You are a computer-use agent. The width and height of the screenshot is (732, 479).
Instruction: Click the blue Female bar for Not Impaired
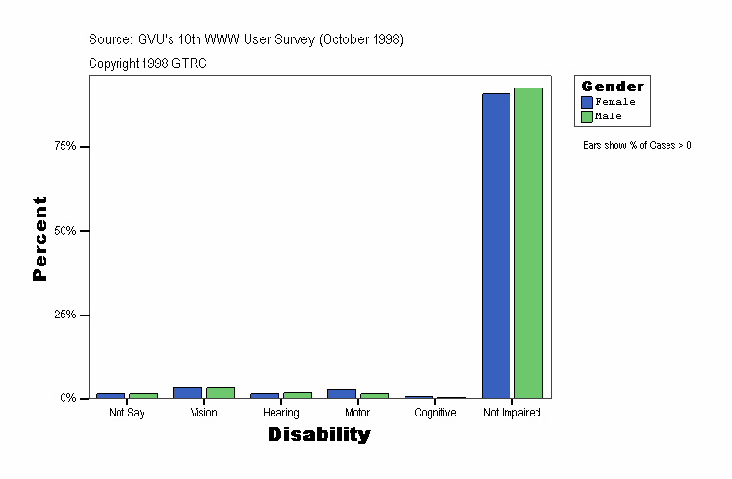pos(496,245)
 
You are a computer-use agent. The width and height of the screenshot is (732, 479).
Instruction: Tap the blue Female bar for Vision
pos(188,392)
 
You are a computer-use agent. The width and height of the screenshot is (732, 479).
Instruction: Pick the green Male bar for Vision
pos(221,392)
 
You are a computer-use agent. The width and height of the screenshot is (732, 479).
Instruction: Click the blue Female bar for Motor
pos(342,393)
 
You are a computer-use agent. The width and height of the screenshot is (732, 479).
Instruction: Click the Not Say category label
pos(126,413)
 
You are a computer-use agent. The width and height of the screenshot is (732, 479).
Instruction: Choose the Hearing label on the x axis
pos(280,413)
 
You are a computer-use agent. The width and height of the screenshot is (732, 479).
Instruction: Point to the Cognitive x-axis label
pos(434,413)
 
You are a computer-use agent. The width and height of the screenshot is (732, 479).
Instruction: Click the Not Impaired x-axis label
pos(511,413)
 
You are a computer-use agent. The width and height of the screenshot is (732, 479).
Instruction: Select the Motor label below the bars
pos(357,413)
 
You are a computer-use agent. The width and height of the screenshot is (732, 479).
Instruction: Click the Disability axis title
pos(319,435)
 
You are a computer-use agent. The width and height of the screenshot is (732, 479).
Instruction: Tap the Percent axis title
pos(39,239)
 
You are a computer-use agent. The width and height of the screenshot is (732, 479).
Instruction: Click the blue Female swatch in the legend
pos(587,102)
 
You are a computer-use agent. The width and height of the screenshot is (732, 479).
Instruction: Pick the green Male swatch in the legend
pos(587,116)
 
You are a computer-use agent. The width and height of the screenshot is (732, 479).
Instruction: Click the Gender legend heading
pos(613,87)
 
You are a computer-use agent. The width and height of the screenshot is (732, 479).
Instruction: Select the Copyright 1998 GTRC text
pos(147,63)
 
